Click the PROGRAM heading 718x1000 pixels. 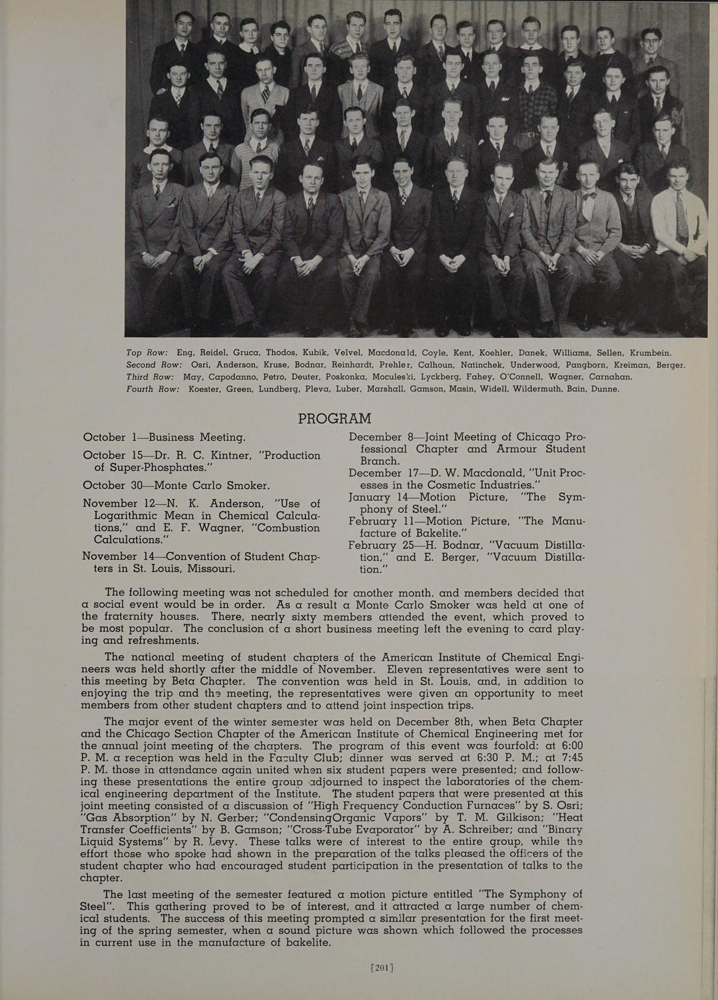[334, 419]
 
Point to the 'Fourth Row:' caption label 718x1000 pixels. [153, 389]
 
